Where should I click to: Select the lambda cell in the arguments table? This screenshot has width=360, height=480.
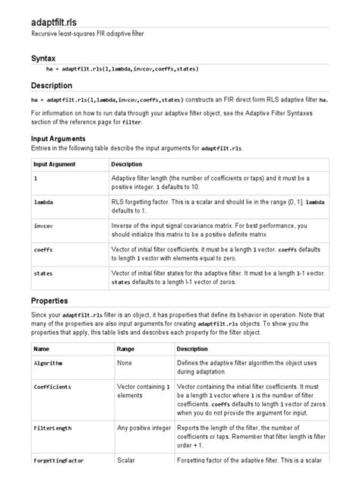(x=44, y=204)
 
